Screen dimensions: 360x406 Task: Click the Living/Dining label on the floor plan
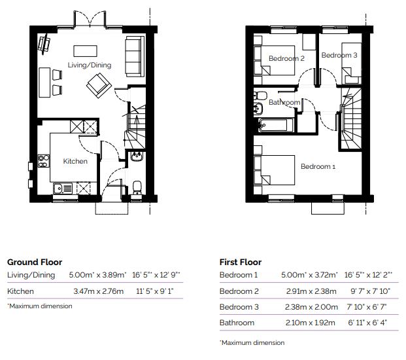[90, 65]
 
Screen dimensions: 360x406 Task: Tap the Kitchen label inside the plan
[75, 161]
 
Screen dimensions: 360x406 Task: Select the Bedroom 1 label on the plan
[318, 167]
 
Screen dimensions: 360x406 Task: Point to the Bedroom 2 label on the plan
[286, 59]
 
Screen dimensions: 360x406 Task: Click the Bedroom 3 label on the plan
[339, 56]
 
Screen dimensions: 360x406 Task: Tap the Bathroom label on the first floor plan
[284, 103]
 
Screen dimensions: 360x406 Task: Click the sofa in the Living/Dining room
[135, 55]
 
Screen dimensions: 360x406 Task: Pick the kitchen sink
[63, 189]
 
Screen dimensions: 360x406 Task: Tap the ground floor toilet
[137, 187]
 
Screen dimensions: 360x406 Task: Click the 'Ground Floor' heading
[35, 262]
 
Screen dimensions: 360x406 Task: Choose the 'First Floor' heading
[240, 262]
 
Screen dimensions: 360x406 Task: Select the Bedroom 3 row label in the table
[239, 307]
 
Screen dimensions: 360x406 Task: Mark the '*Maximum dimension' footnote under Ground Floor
[40, 306]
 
